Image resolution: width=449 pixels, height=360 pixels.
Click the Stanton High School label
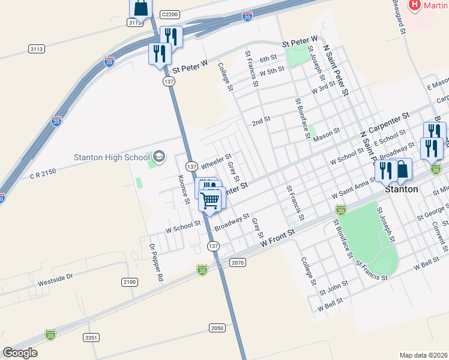click(x=112, y=157)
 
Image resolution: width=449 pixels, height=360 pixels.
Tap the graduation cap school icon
click(x=159, y=157)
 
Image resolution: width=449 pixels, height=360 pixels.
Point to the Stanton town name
click(x=402, y=189)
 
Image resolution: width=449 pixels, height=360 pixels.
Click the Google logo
click(x=20, y=352)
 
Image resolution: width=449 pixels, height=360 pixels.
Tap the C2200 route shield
click(x=170, y=13)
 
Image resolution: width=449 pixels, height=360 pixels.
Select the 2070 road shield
click(x=238, y=262)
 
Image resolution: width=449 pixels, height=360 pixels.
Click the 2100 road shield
click(x=129, y=282)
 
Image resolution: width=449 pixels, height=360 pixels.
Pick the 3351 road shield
click(x=91, y=338)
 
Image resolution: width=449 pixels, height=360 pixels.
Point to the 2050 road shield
click(x=217, y=328)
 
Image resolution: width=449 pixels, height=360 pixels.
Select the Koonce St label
click(x=184, y=185)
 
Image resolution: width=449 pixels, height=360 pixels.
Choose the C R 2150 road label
click(x=43, y=173)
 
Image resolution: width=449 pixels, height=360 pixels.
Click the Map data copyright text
click(x=423, y=355)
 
